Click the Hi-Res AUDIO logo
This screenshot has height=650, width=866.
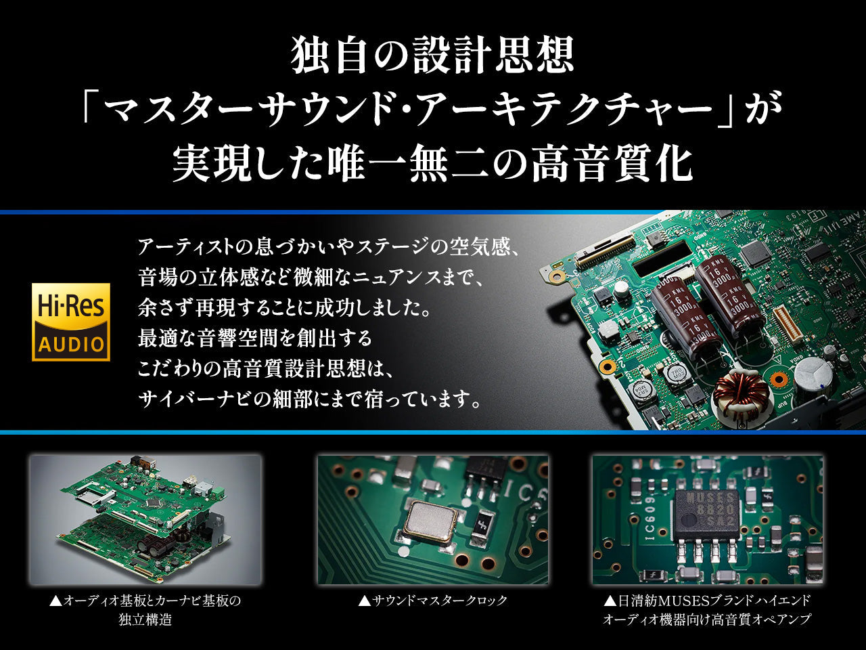(71, 322)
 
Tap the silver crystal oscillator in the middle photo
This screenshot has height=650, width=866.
(429, 521)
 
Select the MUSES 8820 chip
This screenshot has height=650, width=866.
(707, 513)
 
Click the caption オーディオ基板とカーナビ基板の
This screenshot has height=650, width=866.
(145, 601)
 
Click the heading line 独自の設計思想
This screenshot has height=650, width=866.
(432, 56)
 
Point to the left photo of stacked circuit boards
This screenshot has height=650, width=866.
(145, 519)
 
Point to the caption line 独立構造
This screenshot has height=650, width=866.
(145, 620)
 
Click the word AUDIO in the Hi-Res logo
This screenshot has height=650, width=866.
(71, 343)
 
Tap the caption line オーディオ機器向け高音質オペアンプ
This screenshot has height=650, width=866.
(706, 620)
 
